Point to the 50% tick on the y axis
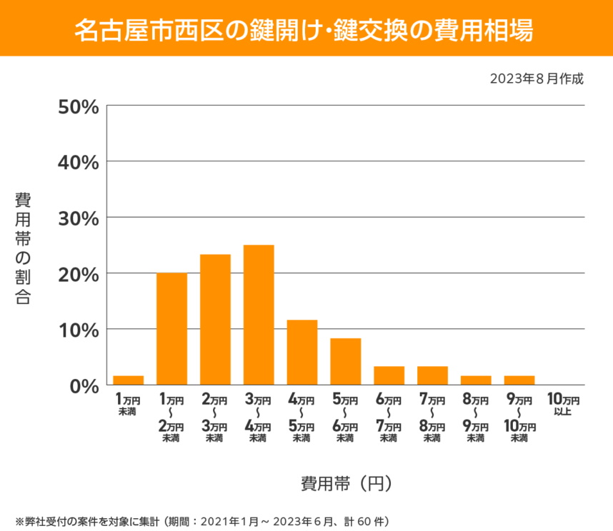tap(77, 106)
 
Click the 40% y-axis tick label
tap(77, 162)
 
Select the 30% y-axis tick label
tap(77, 218)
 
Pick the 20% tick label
tap(77, 273)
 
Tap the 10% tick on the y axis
tap(77, 329)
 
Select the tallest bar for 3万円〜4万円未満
tap(259, 315)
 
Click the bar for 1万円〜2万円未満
tap(171, 329)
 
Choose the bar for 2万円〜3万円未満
tap(215, 320)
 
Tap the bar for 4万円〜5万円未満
tap(302, 353)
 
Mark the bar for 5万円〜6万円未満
tap(345, 362)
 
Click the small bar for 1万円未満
tap(129, 380)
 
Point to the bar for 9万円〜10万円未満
tap(519, 380)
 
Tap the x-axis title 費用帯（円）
tap(346, 483)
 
